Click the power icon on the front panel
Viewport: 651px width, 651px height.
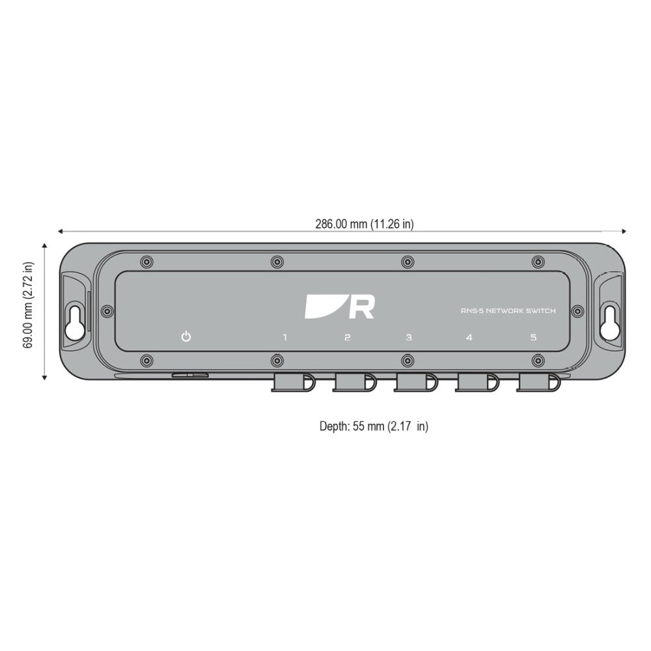[186, 337]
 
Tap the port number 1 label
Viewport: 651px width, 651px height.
[284, 337]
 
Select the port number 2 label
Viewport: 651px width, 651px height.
[347, 337]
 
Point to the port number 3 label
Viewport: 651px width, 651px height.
[409, 337]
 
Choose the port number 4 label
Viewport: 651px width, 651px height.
[469, 337]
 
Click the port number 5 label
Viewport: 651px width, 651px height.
[533, 337]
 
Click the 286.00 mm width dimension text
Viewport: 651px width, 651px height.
[365, 224]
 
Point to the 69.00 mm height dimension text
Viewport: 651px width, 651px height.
[28, 305]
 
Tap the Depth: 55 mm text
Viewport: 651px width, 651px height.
[374, 426]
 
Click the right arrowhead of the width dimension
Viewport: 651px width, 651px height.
[623, 230]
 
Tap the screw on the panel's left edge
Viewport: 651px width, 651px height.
[105, 310]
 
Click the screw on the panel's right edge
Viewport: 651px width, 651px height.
[577, 310]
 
